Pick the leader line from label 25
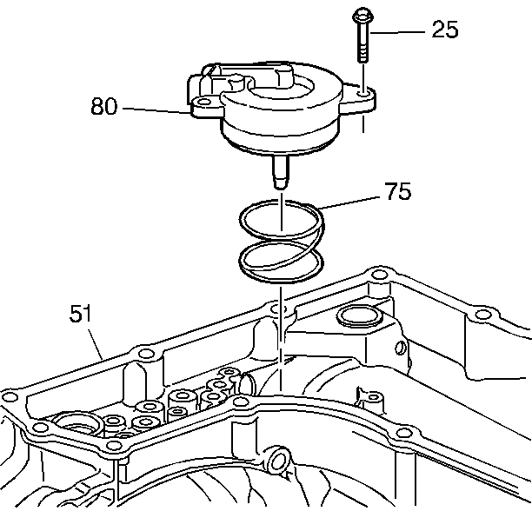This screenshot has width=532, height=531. point(400,32)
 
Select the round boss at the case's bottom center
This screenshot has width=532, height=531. point(277,457)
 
